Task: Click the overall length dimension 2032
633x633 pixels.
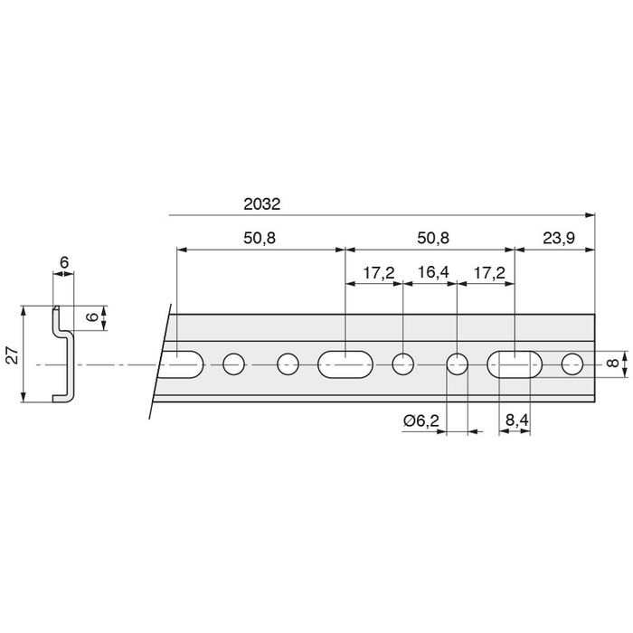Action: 262,204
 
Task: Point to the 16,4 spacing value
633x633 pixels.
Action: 430,272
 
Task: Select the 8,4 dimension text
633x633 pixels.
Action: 515,420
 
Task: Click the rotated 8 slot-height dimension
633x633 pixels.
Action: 613,364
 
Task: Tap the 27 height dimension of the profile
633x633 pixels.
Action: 12,354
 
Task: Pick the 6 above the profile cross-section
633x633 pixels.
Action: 63,262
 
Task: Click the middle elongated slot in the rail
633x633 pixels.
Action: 345,364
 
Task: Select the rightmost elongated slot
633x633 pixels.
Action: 515,364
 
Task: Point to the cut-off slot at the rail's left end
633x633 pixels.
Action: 182,364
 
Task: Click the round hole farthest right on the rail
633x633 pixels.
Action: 572,364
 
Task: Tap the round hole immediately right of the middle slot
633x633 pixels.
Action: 403,364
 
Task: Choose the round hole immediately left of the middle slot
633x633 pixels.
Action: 288,364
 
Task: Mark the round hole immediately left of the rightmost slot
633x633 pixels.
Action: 458,364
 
